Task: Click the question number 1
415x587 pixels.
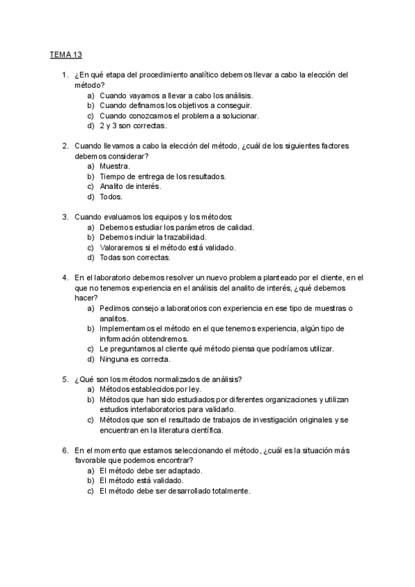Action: [x=64, y=75]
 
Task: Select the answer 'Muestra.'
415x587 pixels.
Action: [x=115, y=166]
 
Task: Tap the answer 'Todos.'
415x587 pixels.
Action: [x=111, y=197]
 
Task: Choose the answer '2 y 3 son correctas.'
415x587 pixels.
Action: [x=133, y=126]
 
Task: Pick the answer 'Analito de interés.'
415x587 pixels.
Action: [x=130, y=186]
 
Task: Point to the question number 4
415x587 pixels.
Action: [x=64, y=278]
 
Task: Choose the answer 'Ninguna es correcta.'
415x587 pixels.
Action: [x=134, y=359]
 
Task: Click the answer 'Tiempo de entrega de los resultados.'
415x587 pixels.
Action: [x=163, y=177]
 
